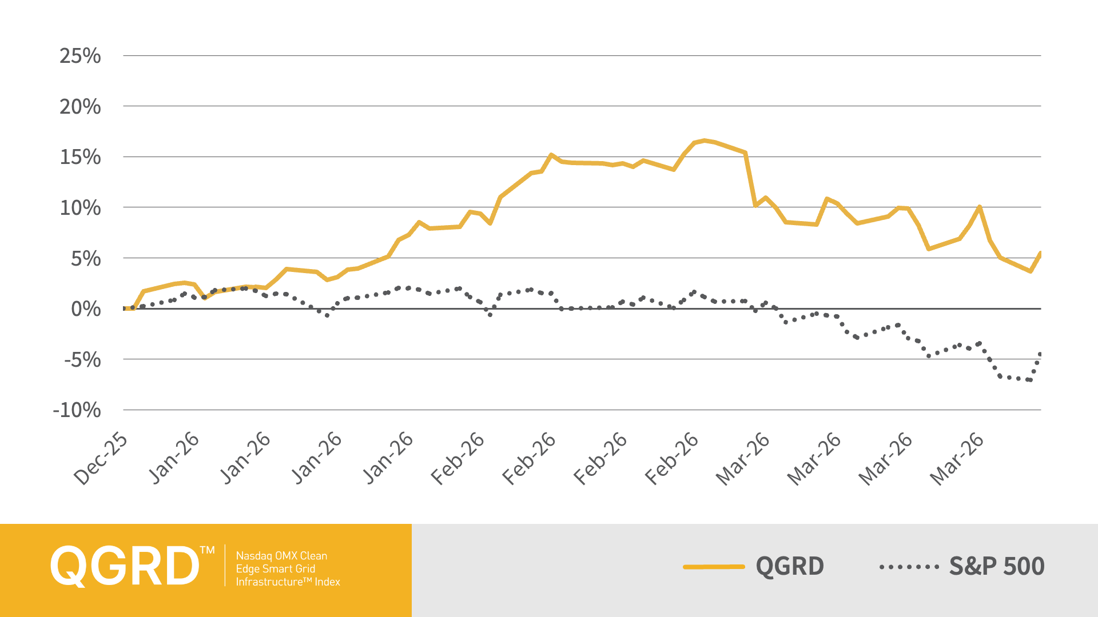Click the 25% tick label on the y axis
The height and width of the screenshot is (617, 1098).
point(80,56)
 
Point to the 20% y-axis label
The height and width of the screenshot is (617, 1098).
point(80,107)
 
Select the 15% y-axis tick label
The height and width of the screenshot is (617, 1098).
point(80,157)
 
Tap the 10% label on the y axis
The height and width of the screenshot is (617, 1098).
point(80,208)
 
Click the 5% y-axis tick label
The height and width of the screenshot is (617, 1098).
point(86,259)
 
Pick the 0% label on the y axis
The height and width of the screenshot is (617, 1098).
point(86,309)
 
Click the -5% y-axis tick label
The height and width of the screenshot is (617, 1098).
point(82,360)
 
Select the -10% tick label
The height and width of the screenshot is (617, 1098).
point(77,410)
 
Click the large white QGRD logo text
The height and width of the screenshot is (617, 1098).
point(124,566)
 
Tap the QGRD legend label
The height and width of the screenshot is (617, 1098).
point(790,566)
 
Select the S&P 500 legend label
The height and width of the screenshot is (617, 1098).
point(997,566)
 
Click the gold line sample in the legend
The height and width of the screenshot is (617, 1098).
point(714,567)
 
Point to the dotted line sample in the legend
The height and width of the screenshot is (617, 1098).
point(909,567)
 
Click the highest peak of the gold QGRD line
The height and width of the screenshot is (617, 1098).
point(705,140)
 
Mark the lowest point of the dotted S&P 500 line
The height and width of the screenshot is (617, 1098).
point(1030,380)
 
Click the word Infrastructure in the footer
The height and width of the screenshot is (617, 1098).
point(269,582)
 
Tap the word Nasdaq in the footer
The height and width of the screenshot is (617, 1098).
point(254,555)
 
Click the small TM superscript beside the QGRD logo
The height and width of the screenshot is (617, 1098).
point(207,550)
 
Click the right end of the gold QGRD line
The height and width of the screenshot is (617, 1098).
point(1040,253)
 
